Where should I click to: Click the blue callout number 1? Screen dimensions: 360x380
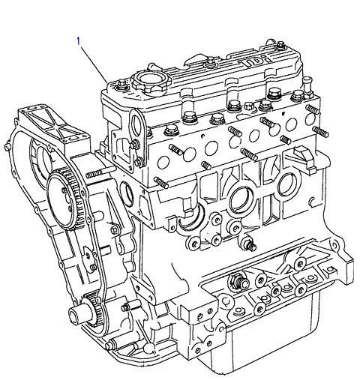point(79,41)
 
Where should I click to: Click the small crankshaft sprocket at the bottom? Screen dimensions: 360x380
point(93,309)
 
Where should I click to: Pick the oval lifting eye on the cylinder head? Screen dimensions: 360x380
point(137,124)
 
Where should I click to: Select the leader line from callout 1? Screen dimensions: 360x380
point(94,64)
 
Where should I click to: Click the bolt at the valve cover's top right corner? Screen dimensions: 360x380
point(281,46)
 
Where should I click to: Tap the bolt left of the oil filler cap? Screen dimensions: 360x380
point(122,84)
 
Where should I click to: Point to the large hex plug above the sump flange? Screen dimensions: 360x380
point(238,282)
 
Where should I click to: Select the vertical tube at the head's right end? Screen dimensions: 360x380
point(307,86)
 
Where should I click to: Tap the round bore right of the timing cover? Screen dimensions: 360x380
point(127,194)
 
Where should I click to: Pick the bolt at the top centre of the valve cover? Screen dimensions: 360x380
point(211,62)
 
